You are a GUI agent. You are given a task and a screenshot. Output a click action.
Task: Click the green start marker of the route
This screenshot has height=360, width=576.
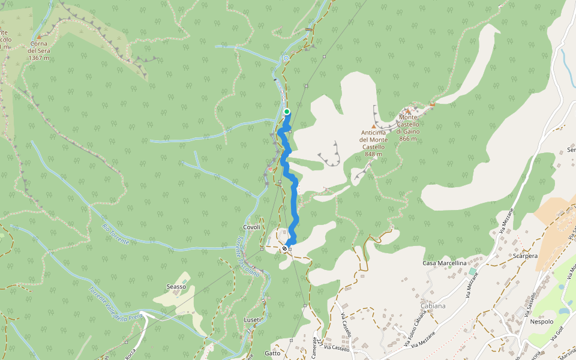(x=287, y=112)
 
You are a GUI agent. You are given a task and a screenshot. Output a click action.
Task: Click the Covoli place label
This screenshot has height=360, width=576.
(x=252, y=227)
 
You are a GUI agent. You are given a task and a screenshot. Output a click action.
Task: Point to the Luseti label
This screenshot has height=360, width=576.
(x=253, y=320)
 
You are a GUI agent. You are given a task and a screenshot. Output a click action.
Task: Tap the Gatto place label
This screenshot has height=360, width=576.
(x=272, y=353)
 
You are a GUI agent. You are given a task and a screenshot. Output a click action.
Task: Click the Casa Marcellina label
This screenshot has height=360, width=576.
(x=445, y=263)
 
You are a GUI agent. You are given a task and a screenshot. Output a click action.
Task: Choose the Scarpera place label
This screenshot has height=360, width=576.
(x=525, y=255)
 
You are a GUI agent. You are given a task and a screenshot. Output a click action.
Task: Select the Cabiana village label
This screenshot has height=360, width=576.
(x=433, y=306)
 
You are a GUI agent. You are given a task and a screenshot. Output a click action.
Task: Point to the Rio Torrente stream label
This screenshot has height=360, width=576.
(x=115, y=233)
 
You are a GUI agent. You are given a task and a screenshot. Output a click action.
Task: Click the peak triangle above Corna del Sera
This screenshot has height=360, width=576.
(x=40, y=37)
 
